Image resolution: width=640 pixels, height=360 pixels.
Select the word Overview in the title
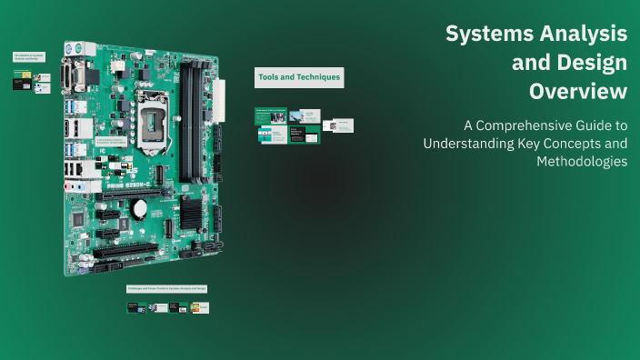[x=578, y=92]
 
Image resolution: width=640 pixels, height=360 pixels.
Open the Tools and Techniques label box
[x=299, y=78]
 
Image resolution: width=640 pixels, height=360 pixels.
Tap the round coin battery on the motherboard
[x=140, y=208]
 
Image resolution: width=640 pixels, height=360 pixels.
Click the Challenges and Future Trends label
[x=167, y=288]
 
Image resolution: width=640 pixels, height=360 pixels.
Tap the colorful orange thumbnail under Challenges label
[x=201, y=307]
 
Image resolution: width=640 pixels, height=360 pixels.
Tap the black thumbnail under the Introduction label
[x=21, y=83]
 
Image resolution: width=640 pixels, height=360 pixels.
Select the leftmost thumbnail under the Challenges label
[x=136, y=307]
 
